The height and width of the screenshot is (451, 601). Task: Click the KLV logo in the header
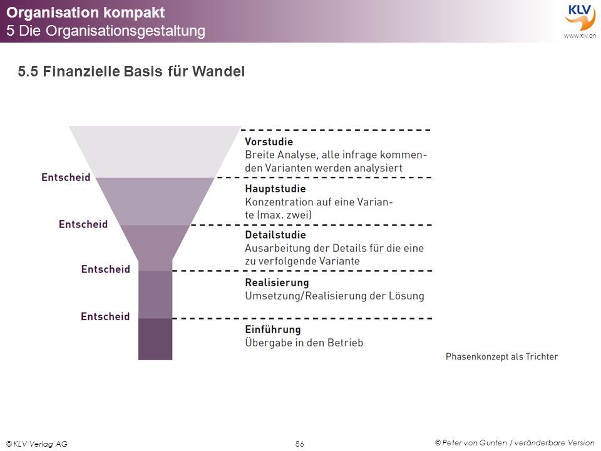click(x=580, y=17)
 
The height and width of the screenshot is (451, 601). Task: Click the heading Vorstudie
click(x=269, y=142)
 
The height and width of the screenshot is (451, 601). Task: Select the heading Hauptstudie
click(x=275, y=189)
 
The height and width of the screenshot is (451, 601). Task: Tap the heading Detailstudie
click(x=275, y=235)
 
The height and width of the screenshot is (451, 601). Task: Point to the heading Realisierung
click(x=277, y=283)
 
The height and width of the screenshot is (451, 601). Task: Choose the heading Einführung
click(x=273, y=329)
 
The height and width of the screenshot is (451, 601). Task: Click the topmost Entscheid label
click(x=66, y=177)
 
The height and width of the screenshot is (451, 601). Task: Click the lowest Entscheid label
click(x=105, y=316)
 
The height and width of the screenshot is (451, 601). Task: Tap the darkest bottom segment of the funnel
click(x=155, y=339)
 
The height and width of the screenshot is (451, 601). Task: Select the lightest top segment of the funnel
click(x=155, y=152)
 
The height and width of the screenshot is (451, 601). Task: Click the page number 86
click(x=300, y=443)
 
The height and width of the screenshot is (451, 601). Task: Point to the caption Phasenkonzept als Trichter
click(x=501, y=356)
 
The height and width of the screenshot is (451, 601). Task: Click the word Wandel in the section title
click(x=218, y=71)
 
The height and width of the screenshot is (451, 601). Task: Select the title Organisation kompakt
click(x=86, y=13)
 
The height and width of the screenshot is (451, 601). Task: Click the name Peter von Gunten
click(x=475, y=443)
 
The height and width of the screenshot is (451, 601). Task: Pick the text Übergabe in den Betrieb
click(x=304, y=343)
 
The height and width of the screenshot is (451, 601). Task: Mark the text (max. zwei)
click(x=284, y=215)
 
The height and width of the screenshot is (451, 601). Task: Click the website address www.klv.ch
click(x=580, y=36)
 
